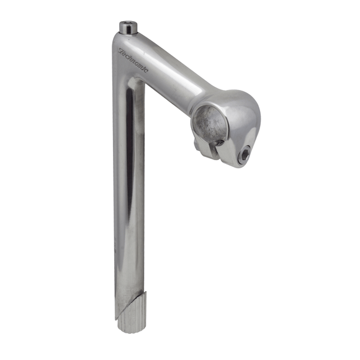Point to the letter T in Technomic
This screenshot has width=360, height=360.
[x=122, y=52]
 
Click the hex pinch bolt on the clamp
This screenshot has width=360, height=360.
[x=244, y=155]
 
